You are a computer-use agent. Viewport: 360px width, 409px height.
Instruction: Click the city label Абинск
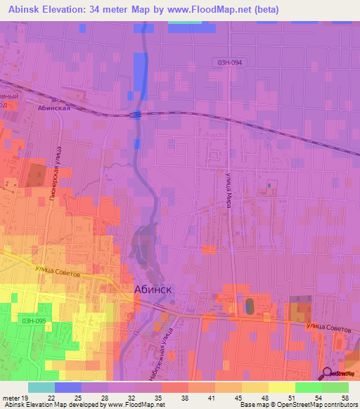(x=153, y=289)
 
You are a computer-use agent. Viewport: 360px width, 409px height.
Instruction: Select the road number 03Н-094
(x=229, y=63)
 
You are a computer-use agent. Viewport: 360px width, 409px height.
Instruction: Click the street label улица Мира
(x=229, y=190)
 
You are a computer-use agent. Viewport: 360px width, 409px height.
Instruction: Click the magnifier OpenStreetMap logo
(x=327, y=373)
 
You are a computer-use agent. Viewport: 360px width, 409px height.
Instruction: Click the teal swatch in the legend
(x=41, y=387)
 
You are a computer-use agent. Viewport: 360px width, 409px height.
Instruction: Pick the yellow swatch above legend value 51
(x=282, y=387)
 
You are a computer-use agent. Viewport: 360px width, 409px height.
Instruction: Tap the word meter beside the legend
(x=11, y=398)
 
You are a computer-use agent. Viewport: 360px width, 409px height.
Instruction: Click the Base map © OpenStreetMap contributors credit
(x=298, y=405)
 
